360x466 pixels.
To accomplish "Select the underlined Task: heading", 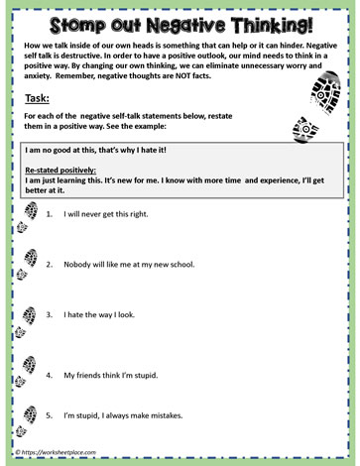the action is point(37,100).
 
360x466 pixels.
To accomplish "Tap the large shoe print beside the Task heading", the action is point(325,92).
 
